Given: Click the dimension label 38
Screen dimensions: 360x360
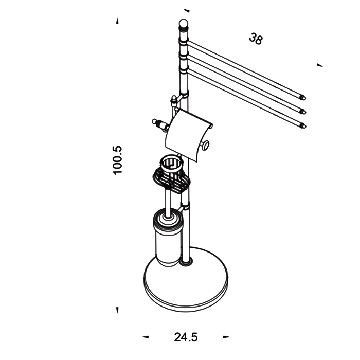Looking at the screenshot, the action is tap(256, 39).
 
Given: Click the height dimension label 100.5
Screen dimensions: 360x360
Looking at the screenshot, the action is tap(118, 160).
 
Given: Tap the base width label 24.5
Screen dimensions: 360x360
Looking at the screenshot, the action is tap(186, 337).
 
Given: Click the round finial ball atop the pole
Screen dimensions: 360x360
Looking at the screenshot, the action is tap(183, 23).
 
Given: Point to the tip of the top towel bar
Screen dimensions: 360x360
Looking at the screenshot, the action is tap(304, 98).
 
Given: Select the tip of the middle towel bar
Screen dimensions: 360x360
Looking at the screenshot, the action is tap(304, 112).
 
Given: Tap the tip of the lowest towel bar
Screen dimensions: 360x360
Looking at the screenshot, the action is tap(304, 126).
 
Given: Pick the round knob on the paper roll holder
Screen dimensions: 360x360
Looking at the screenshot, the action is tap(205, 146).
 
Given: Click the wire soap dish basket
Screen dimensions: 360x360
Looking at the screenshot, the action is tap(171, 179).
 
